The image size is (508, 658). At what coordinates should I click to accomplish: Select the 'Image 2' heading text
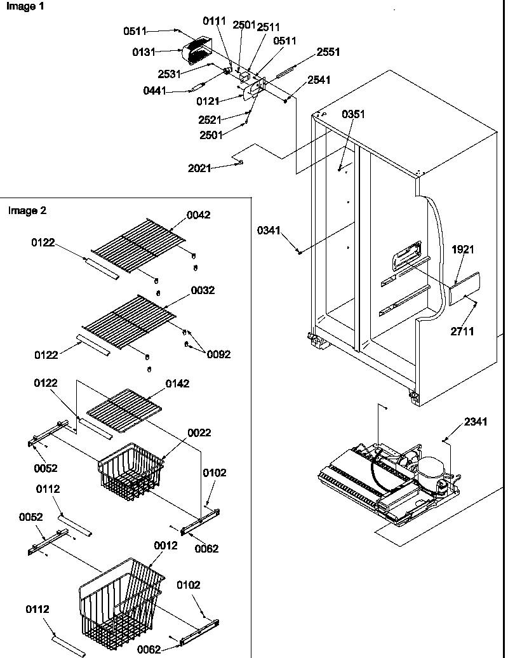point(27,210)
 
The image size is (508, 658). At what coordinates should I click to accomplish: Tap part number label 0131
point(143,53)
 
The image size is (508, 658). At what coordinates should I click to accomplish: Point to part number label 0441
point(154,91)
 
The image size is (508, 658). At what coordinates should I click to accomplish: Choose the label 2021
point(199,168)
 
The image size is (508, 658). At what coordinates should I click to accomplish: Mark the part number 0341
point(268,231)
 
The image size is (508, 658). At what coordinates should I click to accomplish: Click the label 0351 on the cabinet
point(353,114)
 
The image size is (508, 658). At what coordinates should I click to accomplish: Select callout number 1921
point(463,250)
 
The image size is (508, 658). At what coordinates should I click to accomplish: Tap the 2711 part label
point(463,331)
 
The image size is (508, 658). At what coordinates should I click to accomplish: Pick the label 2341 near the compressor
point(476,421)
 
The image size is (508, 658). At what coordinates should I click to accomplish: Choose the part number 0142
point(177,384)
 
